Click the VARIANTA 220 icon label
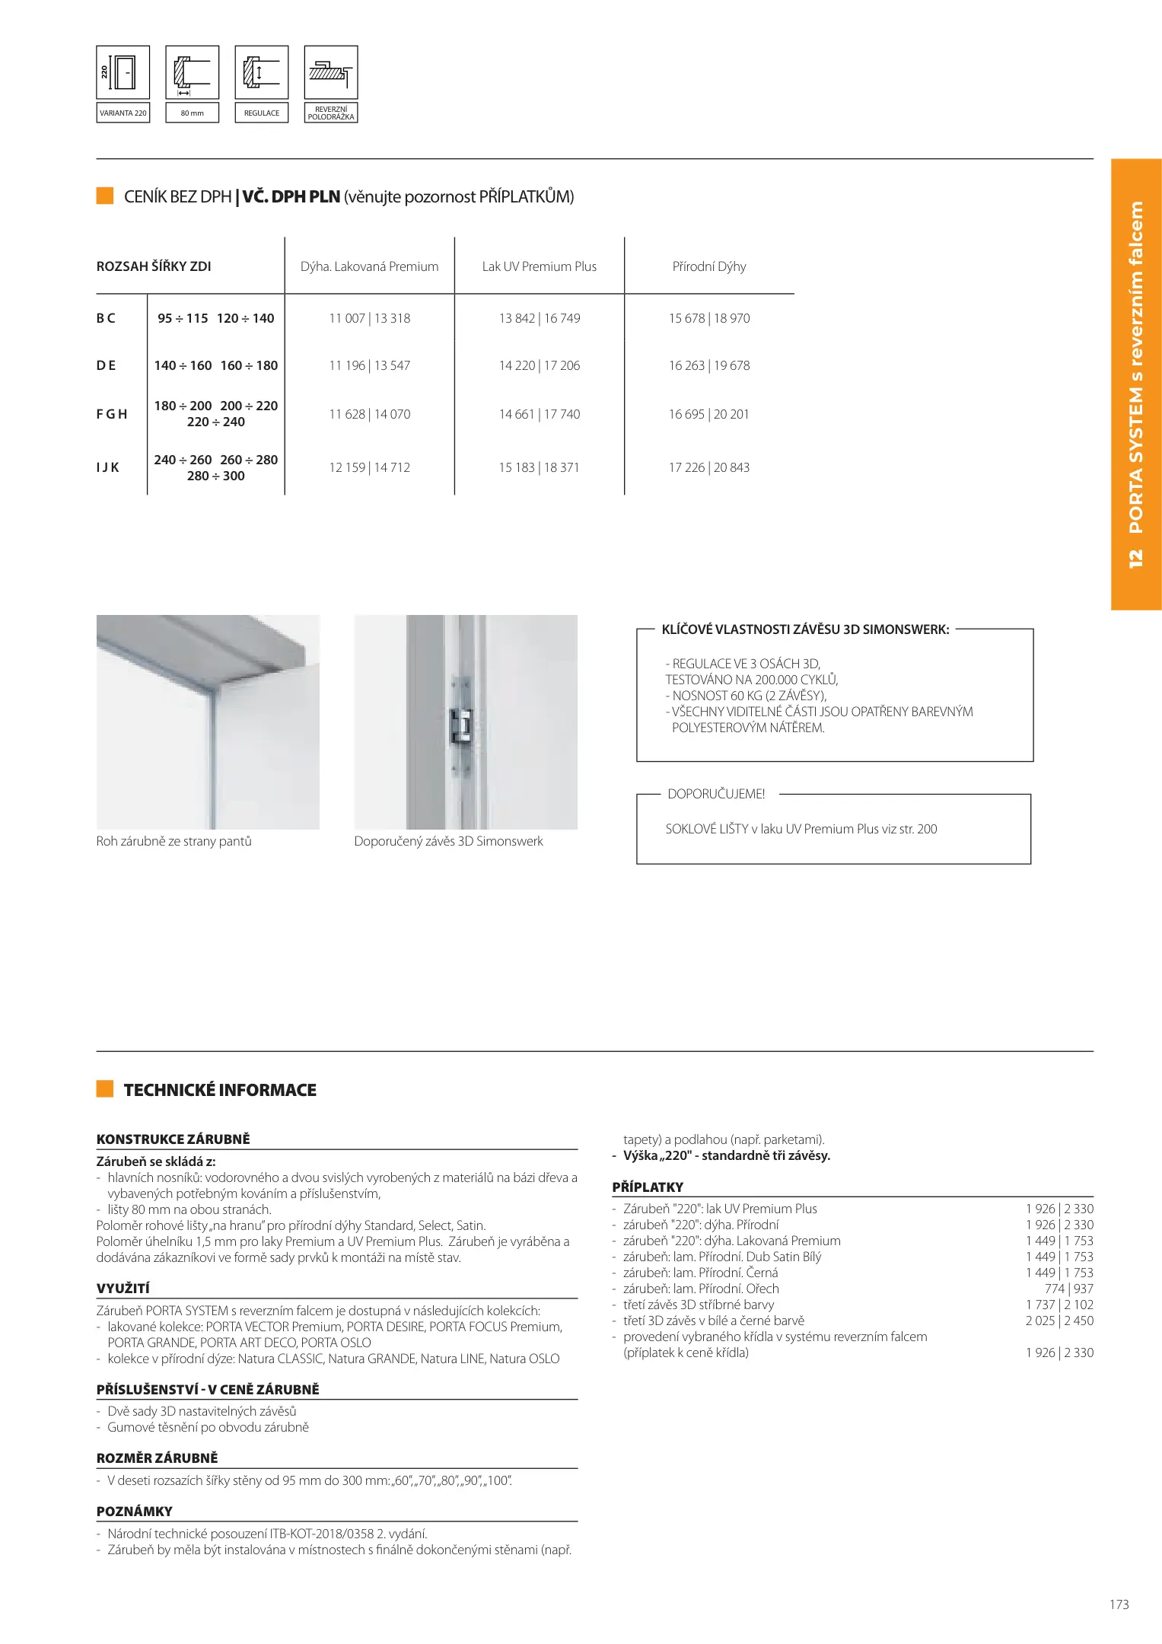(x=123, y=113)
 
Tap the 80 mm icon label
(x=192, y=113)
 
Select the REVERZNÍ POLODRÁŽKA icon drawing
(x=331, y=72)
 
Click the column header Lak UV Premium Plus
(x=539, y=266)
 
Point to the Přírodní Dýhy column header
(x=708, y=266)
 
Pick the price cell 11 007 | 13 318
(x=369, y=318)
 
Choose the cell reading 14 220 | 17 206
(x=539, y=365)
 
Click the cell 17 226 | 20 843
(x=708, y=467)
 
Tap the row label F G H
(x=112, y=414)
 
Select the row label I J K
(x=108, y=467)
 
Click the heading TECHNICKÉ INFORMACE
(x=220, y=1090)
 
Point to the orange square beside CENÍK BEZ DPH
(x=105, y=196)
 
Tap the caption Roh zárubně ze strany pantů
(x=174, y=841)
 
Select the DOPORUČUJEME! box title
(x=716, y=794)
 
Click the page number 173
(x=1119, y=1604)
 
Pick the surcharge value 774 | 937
(x=1068, y=1289)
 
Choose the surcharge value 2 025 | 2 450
(x=1059, y=1321)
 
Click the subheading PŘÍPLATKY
(x=648, y=1187)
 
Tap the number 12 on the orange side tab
(x=1135, y=559)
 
